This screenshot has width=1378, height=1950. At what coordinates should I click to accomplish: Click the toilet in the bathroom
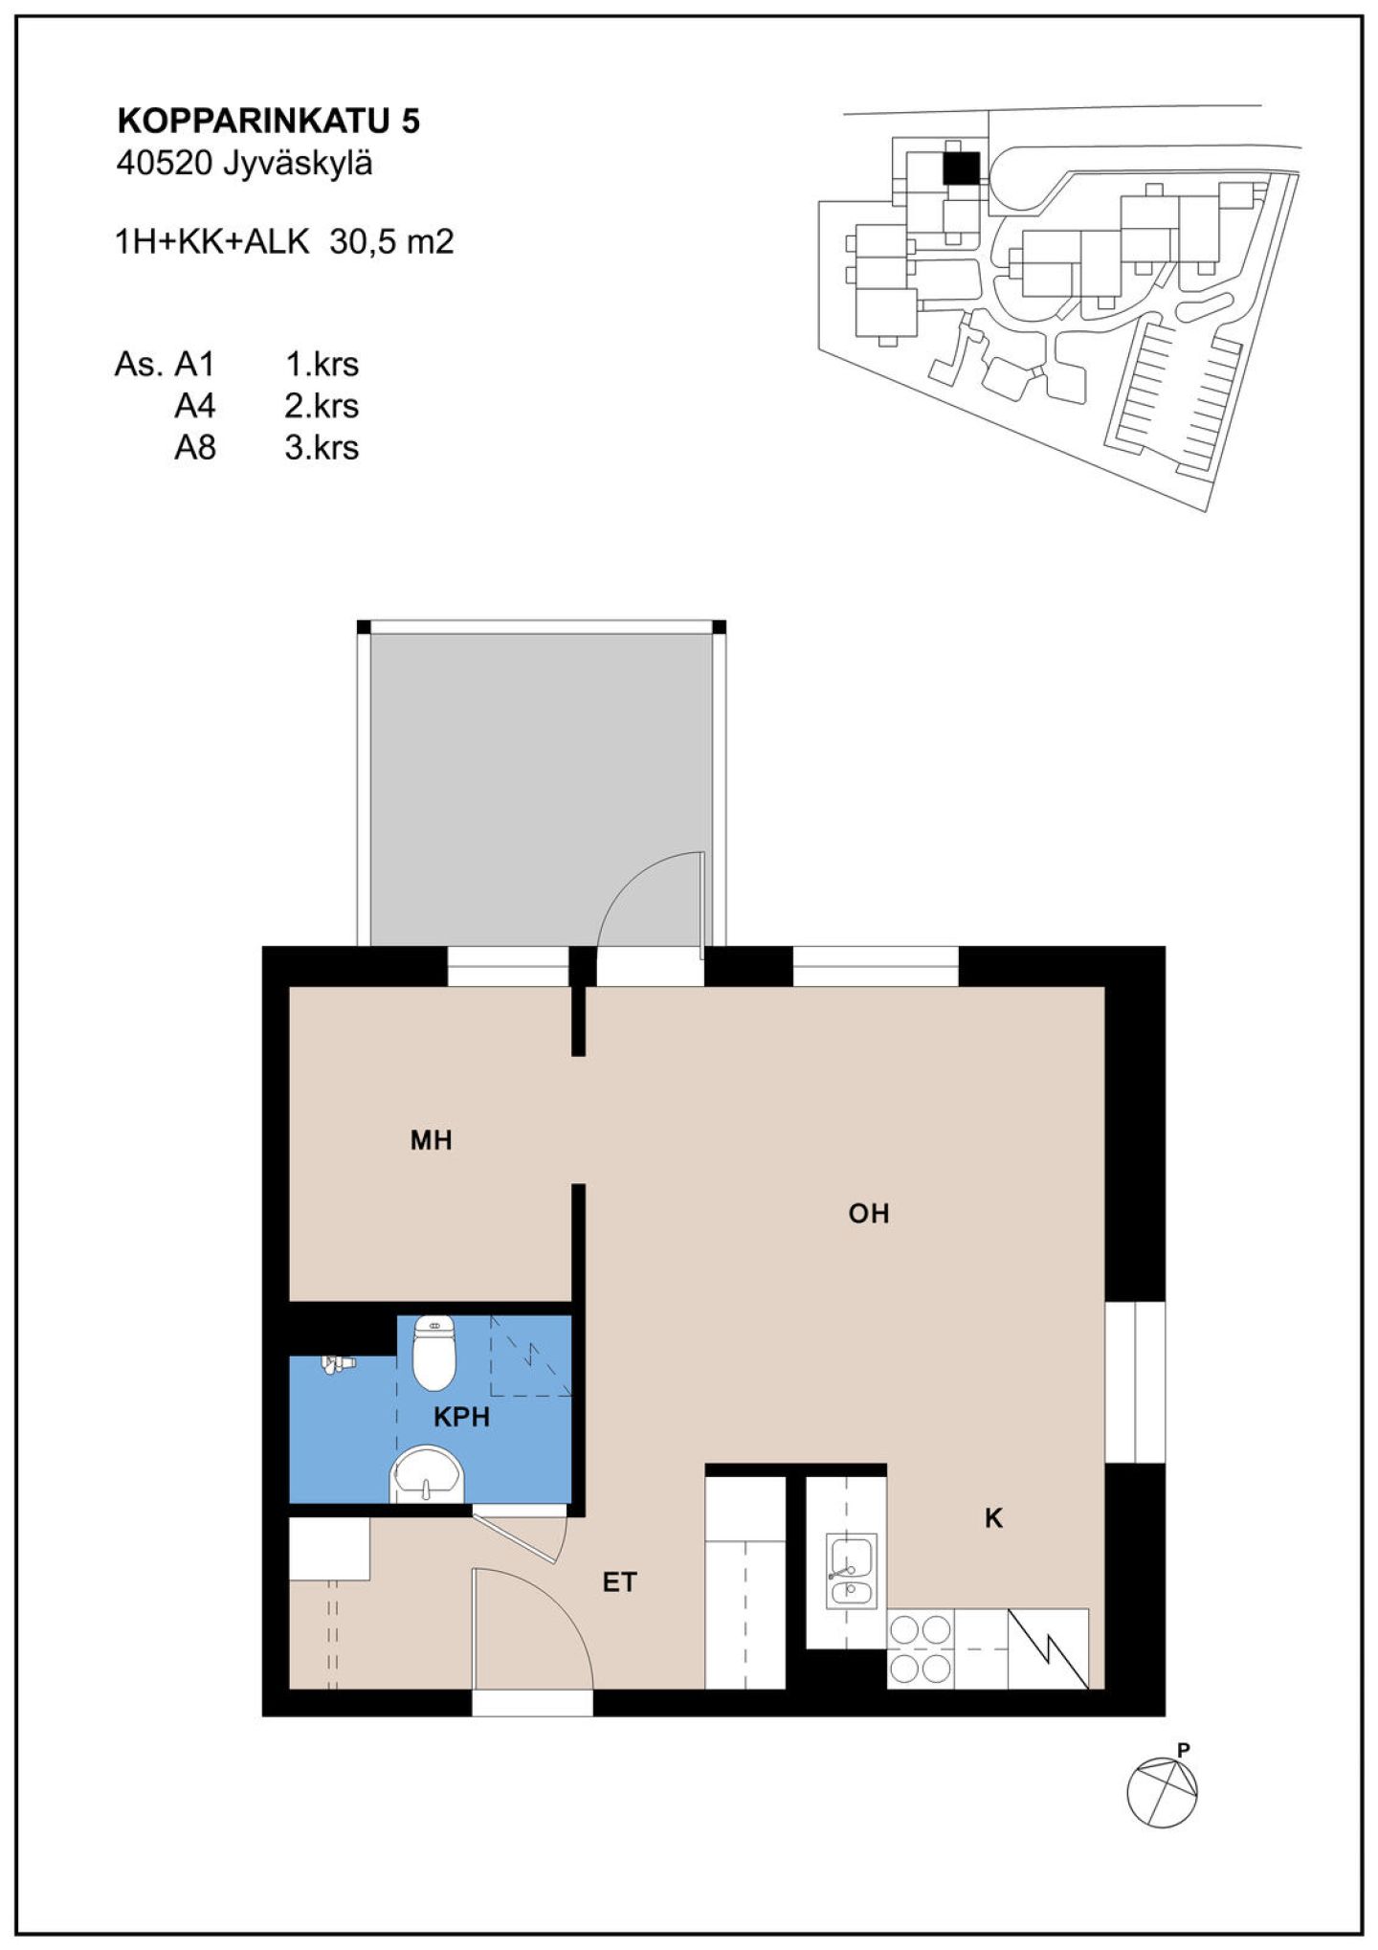pyautogui.click(x=434, y=1352)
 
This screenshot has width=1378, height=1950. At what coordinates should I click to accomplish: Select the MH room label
pyautogui.click(x=431, y=1140)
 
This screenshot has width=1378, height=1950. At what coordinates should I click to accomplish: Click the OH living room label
pyautogui.click(x=869, y=1214)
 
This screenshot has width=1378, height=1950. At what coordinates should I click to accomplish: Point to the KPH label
pyautogui.click(x=461, y=1417)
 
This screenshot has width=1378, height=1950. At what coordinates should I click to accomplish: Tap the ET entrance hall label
pyautogui.click(x=619, y=1582)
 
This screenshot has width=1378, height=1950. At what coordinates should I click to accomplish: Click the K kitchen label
pyautogui.click(x=993, y=1518)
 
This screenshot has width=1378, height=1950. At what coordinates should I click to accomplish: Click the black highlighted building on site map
pyautogui.click(x=961, y=168)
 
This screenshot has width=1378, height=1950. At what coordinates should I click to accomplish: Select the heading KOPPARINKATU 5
pyautogui.click(x=269, y=121)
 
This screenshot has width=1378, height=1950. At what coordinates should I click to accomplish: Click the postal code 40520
pyautogui.click(x=164, y=164)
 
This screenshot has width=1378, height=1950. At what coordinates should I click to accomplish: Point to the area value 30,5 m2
pyautogui.click(x=391, y=242)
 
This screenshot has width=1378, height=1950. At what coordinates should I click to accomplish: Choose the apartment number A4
pyautogui.click(x=195, y=406)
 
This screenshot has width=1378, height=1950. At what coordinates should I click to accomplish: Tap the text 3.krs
pyautogui.click(x=322, y=448)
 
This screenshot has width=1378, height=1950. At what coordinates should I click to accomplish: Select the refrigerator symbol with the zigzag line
pyautogui.click(x=1049, y=1648)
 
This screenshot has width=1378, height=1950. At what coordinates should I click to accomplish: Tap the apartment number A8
pyautogui.click(x=195, y=448)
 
